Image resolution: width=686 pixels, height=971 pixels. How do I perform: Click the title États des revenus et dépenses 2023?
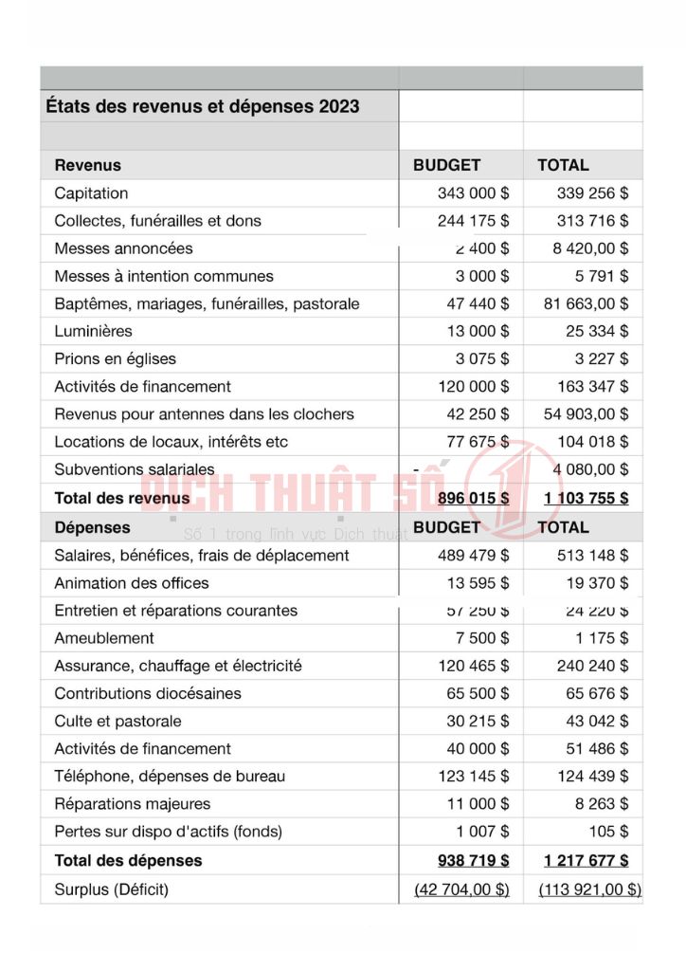[x=203, y=106]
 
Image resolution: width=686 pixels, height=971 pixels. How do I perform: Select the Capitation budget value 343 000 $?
[x=473, y=193]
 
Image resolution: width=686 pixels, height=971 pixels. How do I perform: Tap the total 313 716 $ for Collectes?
[x=592, y=221]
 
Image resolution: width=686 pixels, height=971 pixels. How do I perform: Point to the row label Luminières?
[x=93, y=332]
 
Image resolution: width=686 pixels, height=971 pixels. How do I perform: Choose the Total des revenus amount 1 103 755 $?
[x=586, y=499]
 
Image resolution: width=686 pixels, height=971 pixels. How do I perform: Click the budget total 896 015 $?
[x=473, y=499]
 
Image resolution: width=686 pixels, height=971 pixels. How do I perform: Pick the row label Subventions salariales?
[x=135, y=469]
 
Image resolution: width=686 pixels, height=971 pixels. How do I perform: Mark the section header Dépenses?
[x=92, y=527]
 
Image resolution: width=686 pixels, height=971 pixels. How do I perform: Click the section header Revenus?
[x=87, y=165]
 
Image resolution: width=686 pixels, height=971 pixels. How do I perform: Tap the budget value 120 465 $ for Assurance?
[x=473, y=666]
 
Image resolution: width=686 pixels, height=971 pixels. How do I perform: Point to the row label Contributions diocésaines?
[x=148, y=693]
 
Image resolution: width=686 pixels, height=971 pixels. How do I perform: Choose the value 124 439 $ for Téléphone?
[x=592, y=777]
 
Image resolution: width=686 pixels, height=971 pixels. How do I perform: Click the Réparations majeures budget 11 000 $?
[x=478, y=804]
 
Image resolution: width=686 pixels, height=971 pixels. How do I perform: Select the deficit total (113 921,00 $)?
[x=589, y=889]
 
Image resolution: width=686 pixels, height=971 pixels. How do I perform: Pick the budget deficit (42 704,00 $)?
[x=462, y=889]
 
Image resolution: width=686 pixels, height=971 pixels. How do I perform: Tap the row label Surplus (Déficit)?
[x=112, y=889]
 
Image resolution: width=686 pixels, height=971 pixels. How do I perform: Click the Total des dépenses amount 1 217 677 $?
[x=586, y=861]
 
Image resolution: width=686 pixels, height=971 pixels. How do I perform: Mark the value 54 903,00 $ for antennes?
[x=585, y=414]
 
